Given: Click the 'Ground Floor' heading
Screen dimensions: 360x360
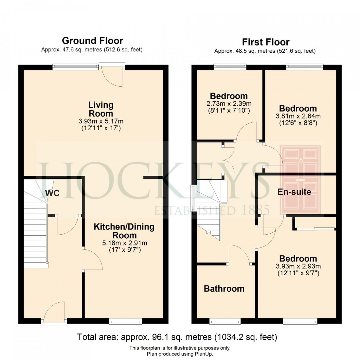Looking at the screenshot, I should point(92,41).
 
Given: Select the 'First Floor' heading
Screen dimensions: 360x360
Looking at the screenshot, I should point(265,42).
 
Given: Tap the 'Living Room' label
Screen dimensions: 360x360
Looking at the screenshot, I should point(101,109).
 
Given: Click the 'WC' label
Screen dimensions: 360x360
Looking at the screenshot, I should point(52,193).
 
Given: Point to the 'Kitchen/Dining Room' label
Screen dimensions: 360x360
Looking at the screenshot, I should point(124,231).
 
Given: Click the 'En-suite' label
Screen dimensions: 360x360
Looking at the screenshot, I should point(294,192).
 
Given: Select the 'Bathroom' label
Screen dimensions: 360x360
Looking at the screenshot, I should point(224,289).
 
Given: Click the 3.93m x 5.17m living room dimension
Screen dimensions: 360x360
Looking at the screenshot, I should point(101,121).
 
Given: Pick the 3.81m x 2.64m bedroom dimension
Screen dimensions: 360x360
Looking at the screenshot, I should point(297,116).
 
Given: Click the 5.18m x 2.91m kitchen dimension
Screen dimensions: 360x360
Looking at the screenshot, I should point(124,243).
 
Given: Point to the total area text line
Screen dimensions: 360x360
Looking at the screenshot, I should point(177,337).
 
